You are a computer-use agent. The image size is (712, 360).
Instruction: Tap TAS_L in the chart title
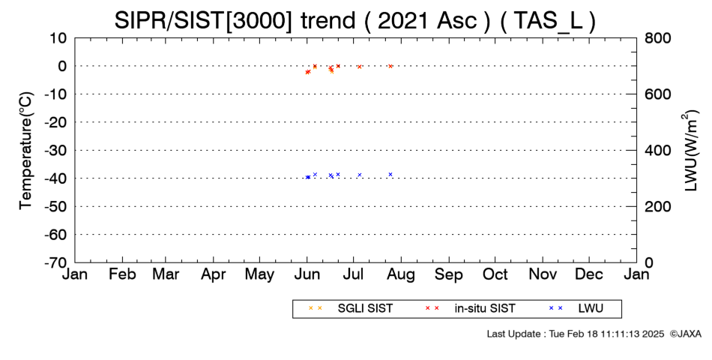click(x=547, y=21)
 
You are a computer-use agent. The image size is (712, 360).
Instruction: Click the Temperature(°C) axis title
click(x=26, y=151)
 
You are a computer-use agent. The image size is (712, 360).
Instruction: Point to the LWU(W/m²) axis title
click(x=689, y=151)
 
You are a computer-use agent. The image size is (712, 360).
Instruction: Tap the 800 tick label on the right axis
click(x=657, y=38)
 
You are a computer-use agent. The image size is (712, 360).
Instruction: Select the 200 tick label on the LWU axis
click(x=657, y=206)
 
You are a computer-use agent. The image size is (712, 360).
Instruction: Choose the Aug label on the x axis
click(x=401, y=275)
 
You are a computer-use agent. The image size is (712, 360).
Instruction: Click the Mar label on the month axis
click(x=166, y=274)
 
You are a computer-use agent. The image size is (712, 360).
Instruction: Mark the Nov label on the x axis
click(x=543, y=274)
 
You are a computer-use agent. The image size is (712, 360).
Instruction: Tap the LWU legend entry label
click(x=591, y=309)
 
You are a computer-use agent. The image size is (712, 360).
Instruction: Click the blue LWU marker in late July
click(x=390, y=175)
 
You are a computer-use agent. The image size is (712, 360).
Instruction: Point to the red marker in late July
click(x=390, y=66)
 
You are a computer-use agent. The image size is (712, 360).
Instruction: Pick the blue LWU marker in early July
click(x=360, y=175)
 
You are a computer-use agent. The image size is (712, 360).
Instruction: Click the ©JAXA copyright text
click(x=685, y=334)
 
